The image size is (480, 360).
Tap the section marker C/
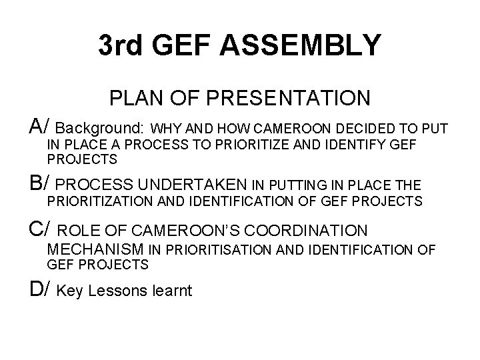pyautogui.click(x=40, y=230)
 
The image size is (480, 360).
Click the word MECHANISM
pyautogui.click(x=96, y=249)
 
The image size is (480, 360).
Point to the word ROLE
pyautogui.click(x=79, y=231)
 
